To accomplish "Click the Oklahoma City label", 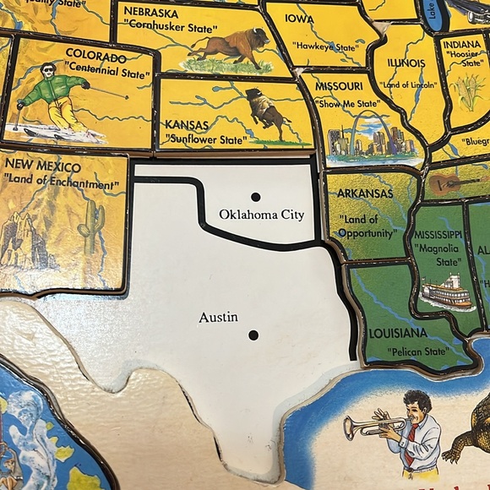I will (x=261, y=215).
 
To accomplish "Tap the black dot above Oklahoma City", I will (x=256, y=197).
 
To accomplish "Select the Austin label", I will (x=218, y=318).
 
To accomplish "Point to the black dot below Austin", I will (x=253, y=335).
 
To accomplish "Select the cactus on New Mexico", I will (x=90, y=224).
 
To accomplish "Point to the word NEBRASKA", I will (x=152, y=14).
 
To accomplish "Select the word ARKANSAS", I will (x=365, y=193).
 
